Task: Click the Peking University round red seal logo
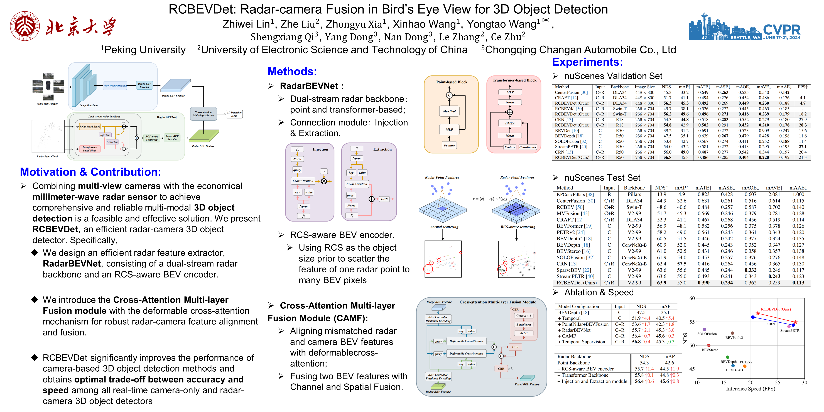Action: (25, 26)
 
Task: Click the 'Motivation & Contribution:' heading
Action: (90, 172)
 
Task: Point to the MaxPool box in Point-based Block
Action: (449, 111)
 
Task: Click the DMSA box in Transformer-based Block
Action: (510, 123)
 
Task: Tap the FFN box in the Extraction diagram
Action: (384, 199)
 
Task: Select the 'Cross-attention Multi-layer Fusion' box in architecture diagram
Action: (203, 114)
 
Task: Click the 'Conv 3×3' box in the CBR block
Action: (524, 316)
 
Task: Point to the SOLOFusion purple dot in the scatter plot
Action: (704, 329)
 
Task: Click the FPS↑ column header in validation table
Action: (802, 87)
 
